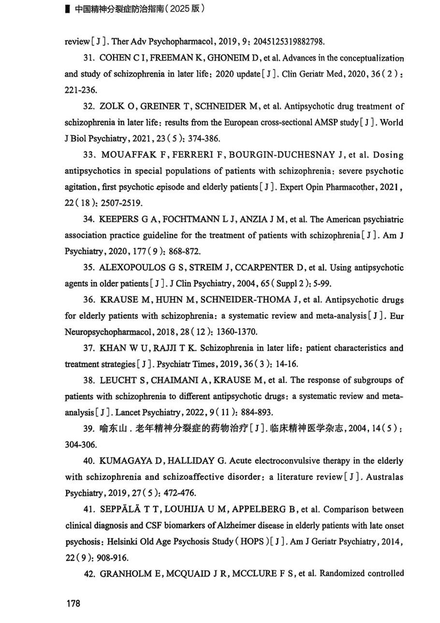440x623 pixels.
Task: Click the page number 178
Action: (x=73, y=603)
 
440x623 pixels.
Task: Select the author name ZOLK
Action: (x=112, y=106)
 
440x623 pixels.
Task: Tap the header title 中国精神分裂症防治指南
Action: (x=114, y=9)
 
